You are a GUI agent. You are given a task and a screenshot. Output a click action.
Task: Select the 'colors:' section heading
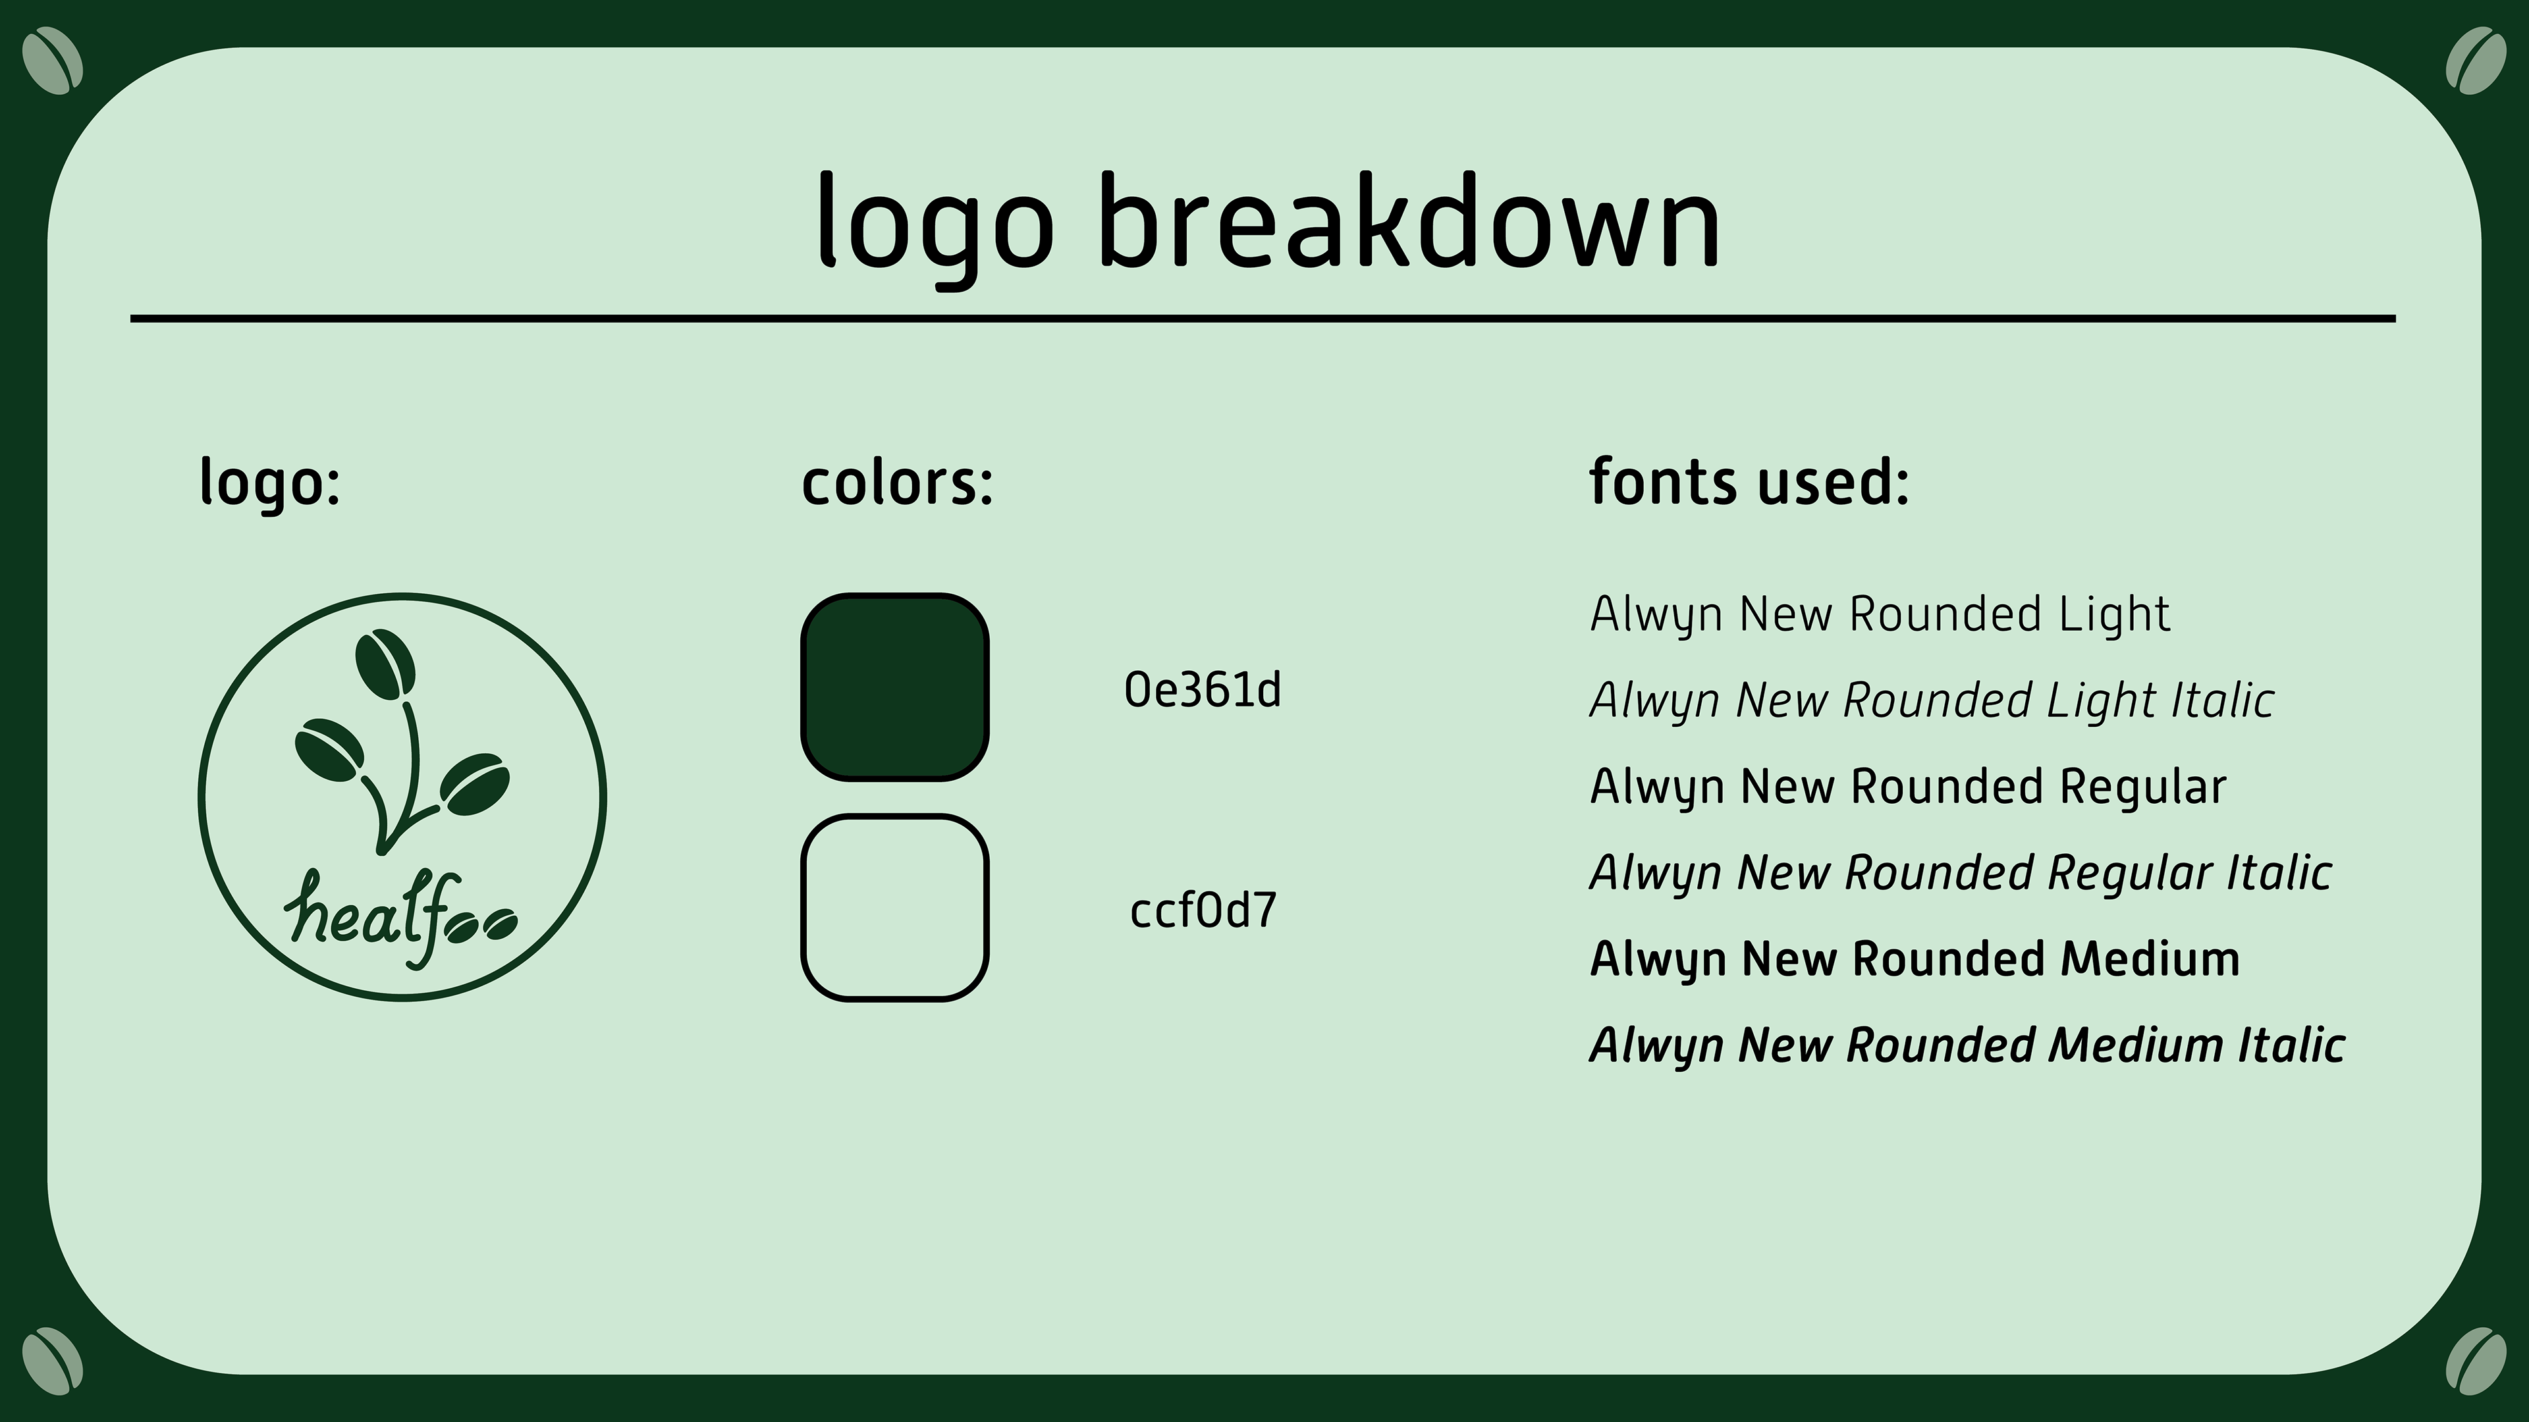tap(897, 482)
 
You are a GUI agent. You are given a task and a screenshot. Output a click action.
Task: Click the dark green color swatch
tap(894, 687)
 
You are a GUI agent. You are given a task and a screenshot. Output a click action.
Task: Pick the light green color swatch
tap(894, 908)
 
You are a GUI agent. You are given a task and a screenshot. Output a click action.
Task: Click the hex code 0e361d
tap(1203, 690)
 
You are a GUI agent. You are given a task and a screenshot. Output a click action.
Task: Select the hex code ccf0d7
tap(1203, 910)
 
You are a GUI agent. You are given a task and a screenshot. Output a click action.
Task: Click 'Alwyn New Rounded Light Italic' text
tap(1931, 700)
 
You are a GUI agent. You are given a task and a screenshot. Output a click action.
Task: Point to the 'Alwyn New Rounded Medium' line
tap(1915, 959)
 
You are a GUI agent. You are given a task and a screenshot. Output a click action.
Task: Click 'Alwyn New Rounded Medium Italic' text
tap(1967, 1045)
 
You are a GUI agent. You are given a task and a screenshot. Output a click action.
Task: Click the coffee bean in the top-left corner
tap(52, 61)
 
